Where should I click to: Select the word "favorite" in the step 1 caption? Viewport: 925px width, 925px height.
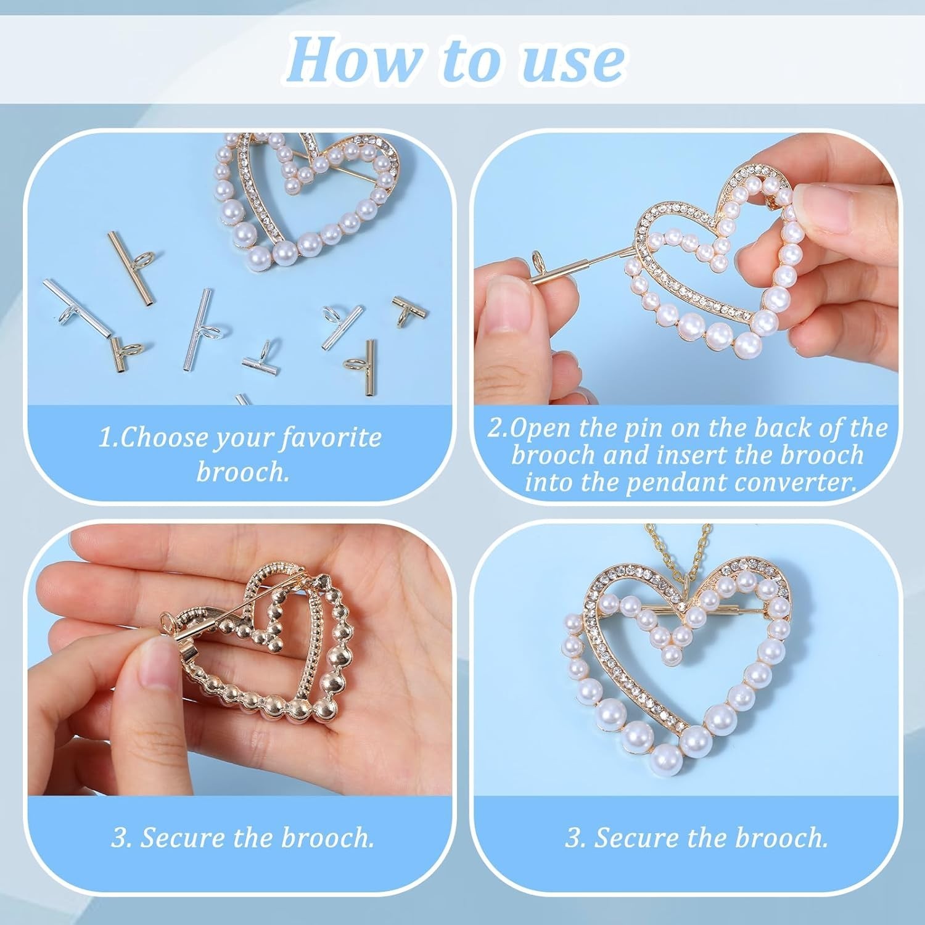pyautogui.click(x=331, y=438)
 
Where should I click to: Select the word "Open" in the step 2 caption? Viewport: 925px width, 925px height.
pyautogui.click(x=540, y=429)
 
